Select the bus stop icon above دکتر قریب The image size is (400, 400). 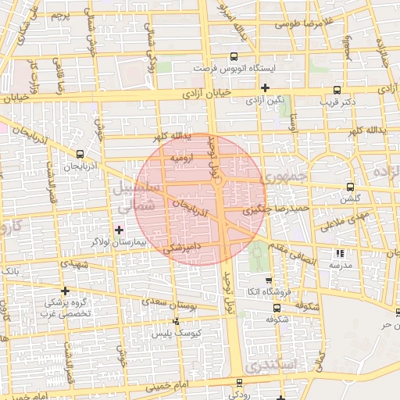(337, 90)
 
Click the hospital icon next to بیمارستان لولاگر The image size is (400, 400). (119, 230)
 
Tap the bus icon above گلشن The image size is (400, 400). (349, 187)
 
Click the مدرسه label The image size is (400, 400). (339, 265)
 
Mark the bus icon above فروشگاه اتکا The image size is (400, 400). (269, 280)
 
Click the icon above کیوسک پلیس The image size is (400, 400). (176, 321)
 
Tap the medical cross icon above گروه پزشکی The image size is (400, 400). (65, 291)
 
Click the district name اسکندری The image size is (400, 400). (268, 366)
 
